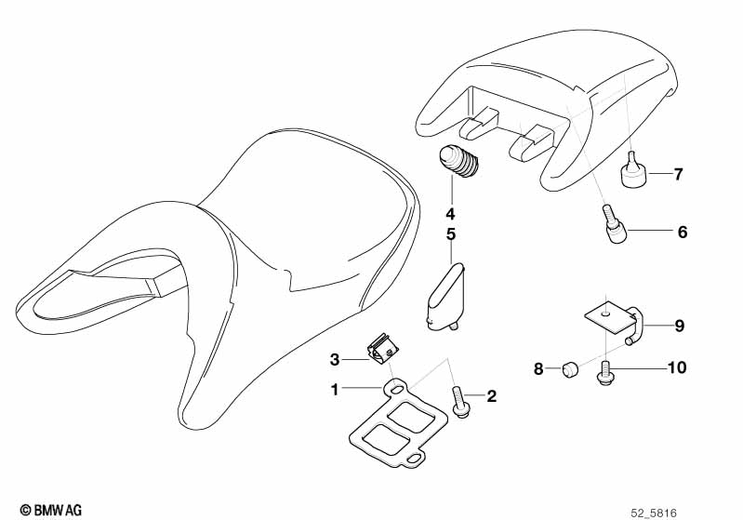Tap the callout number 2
(x=492, y=396)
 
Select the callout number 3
(x=335, y=358)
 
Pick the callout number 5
(x=451, y=234)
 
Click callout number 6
(x=682, y=232)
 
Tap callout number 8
(x=537, y=369)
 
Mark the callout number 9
(x=679, y=326)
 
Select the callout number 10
(x=676, y=368)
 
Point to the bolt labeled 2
(x=459, y=403)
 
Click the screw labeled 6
(x=615, y=226)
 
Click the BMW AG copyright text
(x=51, y=510)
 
